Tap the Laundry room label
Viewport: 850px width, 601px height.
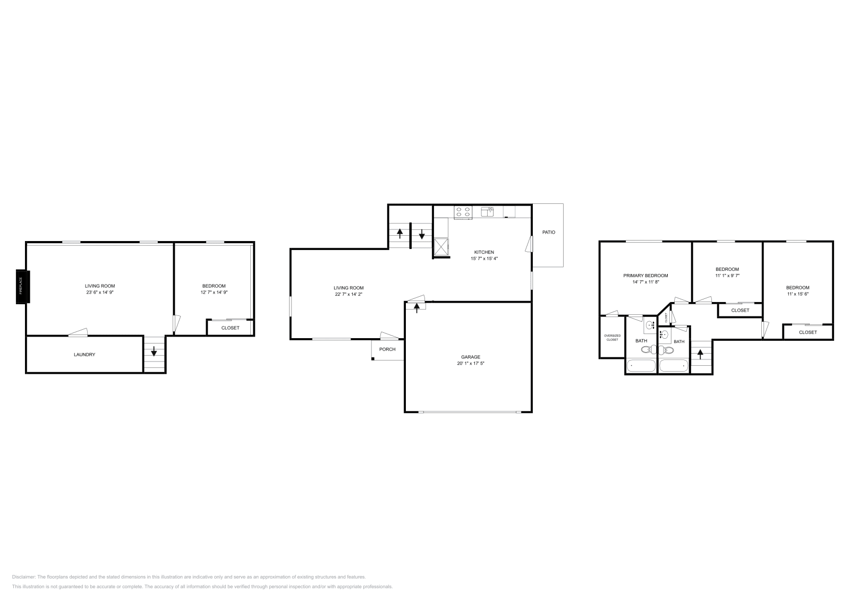pyautogui.click(x=84, y=355)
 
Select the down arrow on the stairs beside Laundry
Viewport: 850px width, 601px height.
pyautogui.click(x=155, y=351)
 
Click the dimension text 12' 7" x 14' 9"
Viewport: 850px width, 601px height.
pyautogui.click(x=214, y=292)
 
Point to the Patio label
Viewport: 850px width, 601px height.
pyautogui.click(x=548, y=232)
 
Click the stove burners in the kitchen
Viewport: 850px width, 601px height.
pyautogui.click(x=463, y=212)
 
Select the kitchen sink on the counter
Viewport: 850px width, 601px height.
pyautogui.click(x=487, y=212)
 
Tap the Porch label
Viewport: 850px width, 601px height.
pyautogui.click(x=387, y=349)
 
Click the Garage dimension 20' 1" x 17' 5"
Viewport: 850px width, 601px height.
pyautogui.click(x=470, y=364)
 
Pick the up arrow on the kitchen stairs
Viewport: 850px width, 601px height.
pyautogui.click(x=399, y=234)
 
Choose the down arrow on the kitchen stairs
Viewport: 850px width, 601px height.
pyautogui.click(x=422, y=234)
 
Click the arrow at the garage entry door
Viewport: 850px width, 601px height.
pyautogui.click(x=416, y=306)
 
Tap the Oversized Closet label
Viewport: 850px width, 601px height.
pyautogui.click(x=612, y=337)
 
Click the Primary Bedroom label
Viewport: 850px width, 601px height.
pyautogui.click(x=645, y=276)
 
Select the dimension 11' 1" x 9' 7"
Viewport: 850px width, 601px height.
pyautogui.click(x=727, y=276)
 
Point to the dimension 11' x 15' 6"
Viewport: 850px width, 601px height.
pyautogui.click(x=798, y=294)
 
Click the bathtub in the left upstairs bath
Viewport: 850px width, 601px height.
pyautogui.click(x=641, y=366)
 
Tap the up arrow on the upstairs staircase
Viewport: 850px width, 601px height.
pyautogui.click(x=700, y=353)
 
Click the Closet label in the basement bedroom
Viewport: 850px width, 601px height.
pyautogui.click(x=230, y=328)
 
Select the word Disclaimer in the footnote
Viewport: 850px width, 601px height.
pyautogui.click(x=23, y=577)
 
